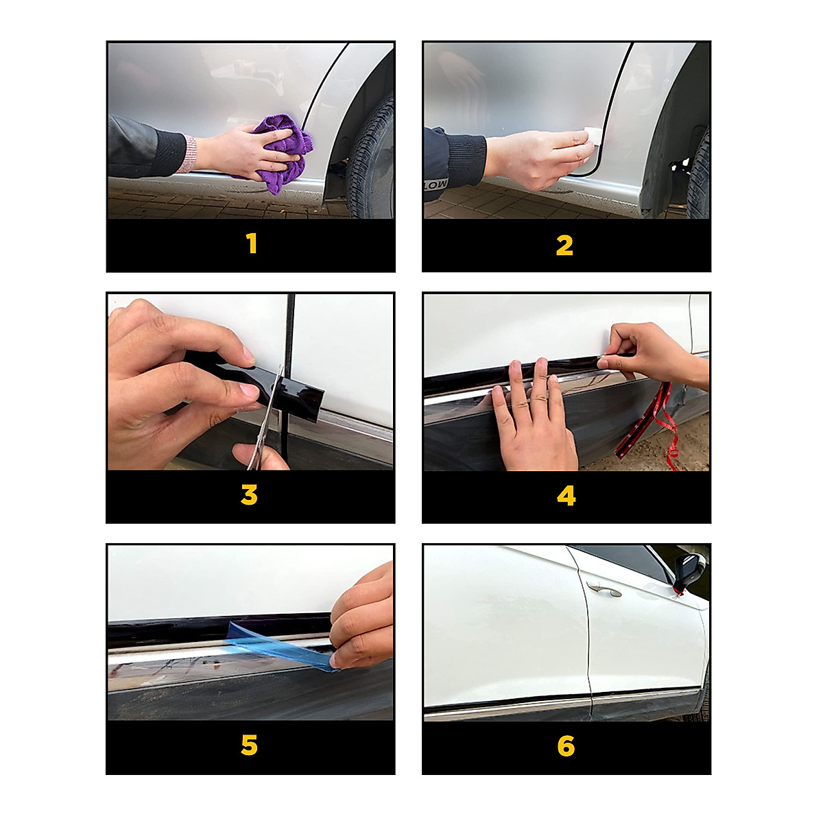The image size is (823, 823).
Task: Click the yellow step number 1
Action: click(x=252, y=243)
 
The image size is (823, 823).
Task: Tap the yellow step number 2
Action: click(x=564, y=246)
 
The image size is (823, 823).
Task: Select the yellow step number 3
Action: click(x=250, y=495)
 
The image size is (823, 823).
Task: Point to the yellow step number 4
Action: click(x=566, y=495)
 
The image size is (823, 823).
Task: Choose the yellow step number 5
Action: click(x=250, y=746)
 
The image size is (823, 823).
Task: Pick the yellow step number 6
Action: click(x=566, y=746)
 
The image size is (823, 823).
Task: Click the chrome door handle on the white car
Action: click(x=604, y=590)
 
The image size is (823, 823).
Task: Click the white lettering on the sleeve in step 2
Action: click(x=436, y=184)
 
